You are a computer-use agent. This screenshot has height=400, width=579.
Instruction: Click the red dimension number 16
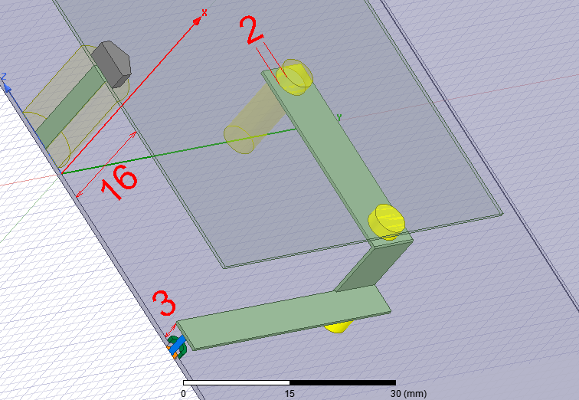[x=119, y=182]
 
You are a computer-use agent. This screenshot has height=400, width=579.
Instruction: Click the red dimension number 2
[x=251, y=29]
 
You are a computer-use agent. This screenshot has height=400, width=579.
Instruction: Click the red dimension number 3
[x=165, y=303]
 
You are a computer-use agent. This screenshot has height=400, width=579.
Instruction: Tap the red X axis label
[x=204, y=13]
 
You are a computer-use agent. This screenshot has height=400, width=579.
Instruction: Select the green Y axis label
[x=339, y=117]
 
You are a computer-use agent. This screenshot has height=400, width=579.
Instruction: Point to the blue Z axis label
[x=4, y=77]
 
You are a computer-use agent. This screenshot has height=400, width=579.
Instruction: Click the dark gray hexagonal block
[x=112, y=64]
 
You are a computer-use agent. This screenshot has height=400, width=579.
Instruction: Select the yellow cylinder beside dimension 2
[x=295, y=77]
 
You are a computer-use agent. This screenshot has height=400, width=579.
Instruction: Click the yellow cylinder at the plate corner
[x=387, y=221]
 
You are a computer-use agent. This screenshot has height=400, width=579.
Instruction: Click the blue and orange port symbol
[x=176, y=347]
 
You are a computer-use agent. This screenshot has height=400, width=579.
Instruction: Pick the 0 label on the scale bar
[x=184, y=394]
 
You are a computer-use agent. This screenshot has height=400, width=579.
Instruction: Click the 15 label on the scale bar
[x=289, y=394]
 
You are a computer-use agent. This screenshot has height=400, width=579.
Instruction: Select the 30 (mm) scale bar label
[x=408, y=394]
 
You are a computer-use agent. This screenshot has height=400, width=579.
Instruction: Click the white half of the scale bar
[x=237, y=382]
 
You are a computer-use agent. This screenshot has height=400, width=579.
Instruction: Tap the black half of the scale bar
[x=342, y=382]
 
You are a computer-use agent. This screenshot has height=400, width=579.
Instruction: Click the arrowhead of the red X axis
[x=198, y=21]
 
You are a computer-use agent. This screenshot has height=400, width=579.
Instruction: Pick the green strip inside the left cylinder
[x=70, y=107]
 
